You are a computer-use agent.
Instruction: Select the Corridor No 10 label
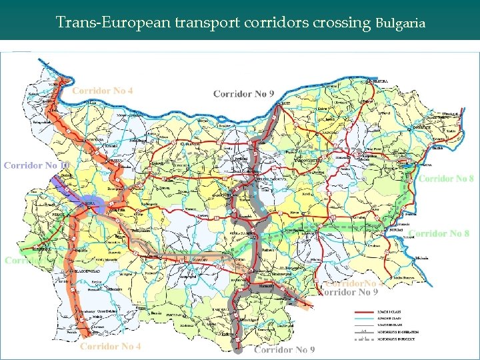click(x=37, y=165)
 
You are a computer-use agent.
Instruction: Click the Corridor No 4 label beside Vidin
click(x=103, y=91)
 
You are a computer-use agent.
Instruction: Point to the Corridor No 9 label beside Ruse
click(x=243, y=94)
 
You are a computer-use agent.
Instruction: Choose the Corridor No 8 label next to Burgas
click(x=439, y=233)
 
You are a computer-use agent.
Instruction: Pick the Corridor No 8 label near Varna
click(x=446, y=179)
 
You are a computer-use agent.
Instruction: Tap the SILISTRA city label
click(x=380, y=81)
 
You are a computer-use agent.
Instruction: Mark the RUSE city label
click(x=285, y=104)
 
